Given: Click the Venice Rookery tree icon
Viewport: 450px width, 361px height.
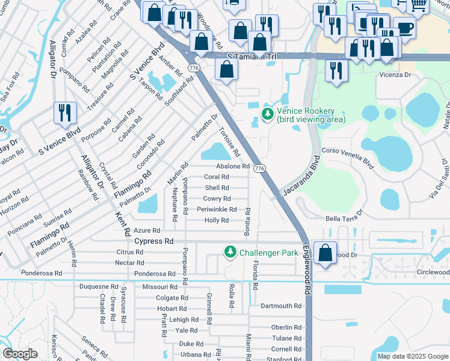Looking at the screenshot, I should (267, 113).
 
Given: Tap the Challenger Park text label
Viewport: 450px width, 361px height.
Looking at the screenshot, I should (269, 253).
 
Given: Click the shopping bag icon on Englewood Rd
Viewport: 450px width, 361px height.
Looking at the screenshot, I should (325, 253).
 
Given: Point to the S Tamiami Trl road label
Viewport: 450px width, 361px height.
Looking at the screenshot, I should (251, 57).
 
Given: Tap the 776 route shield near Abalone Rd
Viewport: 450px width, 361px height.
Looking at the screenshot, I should (259, 168).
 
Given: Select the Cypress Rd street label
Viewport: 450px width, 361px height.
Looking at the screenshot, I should (153, 241).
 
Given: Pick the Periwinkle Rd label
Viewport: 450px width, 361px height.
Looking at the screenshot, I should (217, 209).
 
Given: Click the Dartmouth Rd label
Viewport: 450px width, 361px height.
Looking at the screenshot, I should (280, 306).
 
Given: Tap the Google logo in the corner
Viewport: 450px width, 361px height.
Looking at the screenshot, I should (20, 354).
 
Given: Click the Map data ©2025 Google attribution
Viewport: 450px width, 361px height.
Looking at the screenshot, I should (413, 356).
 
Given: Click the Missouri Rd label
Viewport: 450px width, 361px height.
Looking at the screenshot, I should (159, 287).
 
